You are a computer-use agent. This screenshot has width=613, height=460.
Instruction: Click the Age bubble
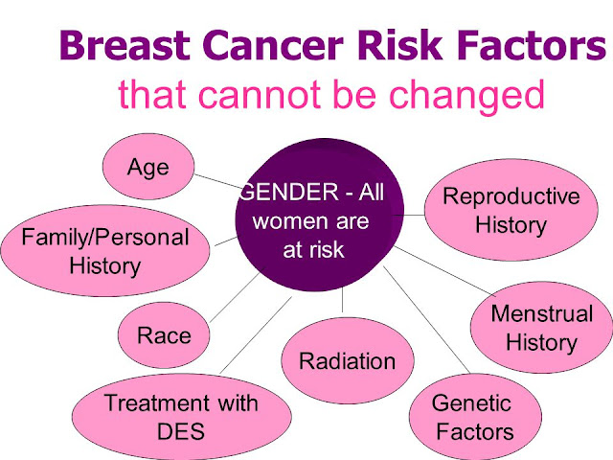(x=148, y=169)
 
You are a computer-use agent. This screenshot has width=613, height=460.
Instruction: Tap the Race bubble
(x=164, y=335)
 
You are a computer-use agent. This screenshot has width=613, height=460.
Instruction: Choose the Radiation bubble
(x=347, y=362)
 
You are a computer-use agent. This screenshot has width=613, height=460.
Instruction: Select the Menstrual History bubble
(x=541, y=327)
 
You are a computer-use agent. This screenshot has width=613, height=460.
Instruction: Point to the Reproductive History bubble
(x=511, y=212)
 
